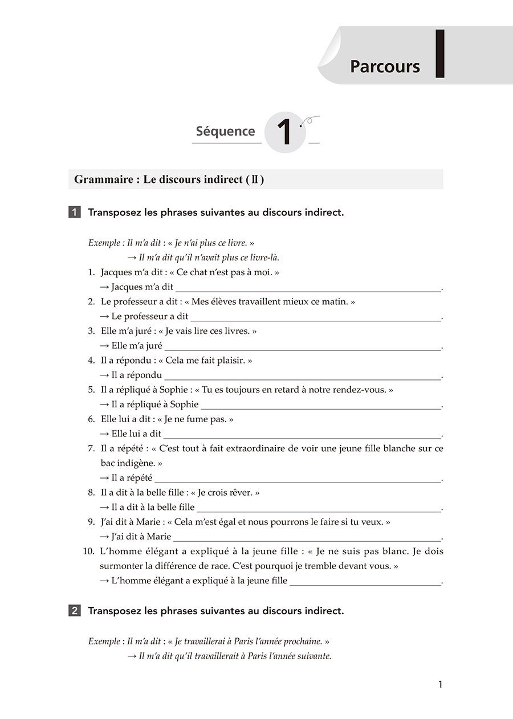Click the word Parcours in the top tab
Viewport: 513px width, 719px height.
[x=385, y=67]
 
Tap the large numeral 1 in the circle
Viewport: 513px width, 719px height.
[x=284, y=133]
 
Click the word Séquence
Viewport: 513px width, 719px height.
[x=225, y=132]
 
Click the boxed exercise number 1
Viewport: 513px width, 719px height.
[x=75, y=213]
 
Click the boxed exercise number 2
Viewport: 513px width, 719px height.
[x=75, y=611]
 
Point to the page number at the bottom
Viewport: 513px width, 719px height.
[x=439, y=685]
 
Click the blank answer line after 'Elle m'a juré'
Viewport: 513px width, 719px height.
[x=302, y=346]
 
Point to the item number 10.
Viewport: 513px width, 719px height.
[x=88, y=551]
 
